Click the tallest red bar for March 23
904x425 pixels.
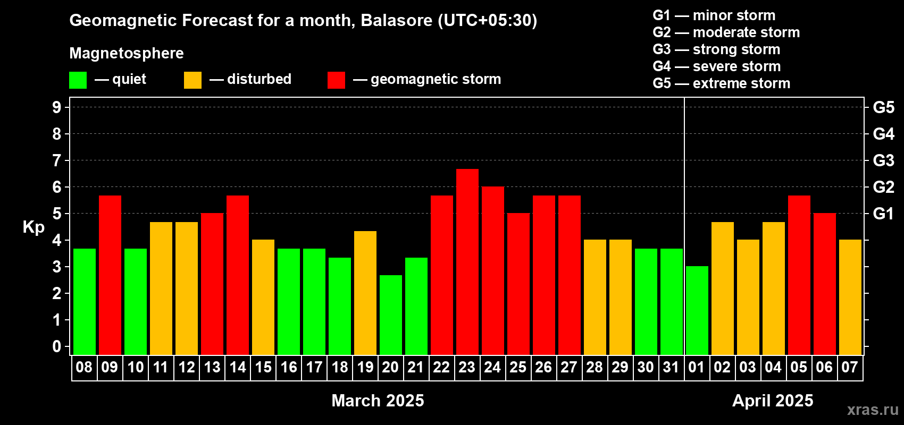(467, 262)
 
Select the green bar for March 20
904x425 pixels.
(391, 315)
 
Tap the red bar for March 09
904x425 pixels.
(110, 275)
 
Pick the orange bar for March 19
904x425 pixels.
(365, 293)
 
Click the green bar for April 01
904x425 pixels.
(697, 310)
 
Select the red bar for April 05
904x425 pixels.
(799, 275)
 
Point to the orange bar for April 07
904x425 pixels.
(850, 297)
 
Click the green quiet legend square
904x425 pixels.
(78, 80)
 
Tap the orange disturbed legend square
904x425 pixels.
(192, 80)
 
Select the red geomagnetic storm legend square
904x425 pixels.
(336, 80)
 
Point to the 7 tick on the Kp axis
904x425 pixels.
(56, 160)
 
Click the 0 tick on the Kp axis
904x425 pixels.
(56, 346)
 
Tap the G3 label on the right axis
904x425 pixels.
(883, 160)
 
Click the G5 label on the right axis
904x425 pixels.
(883, 107)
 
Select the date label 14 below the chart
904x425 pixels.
(238, 367)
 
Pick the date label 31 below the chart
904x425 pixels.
(671, 367)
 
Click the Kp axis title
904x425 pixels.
(34, 228)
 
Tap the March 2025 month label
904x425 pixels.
(378, 401)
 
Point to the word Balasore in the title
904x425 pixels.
(396, 21)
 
